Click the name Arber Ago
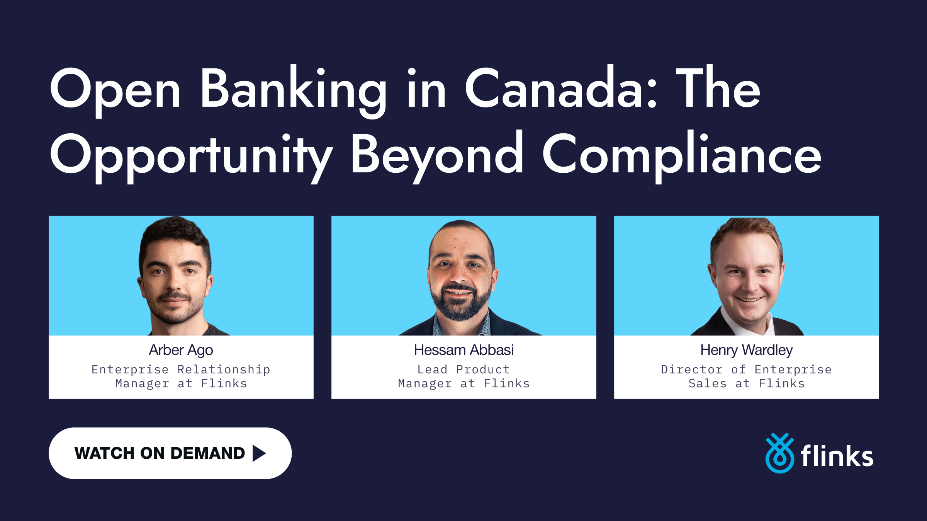[181, 350]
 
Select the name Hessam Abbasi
[463, 350]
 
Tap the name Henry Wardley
[746, 350]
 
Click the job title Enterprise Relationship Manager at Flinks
[181, 376]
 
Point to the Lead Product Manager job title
[463, 376]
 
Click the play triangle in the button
[259, 453]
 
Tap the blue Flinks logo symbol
[780, 453]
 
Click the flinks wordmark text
[837, 456]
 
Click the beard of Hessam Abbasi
[461, 308]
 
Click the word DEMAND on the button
[207, 453]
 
